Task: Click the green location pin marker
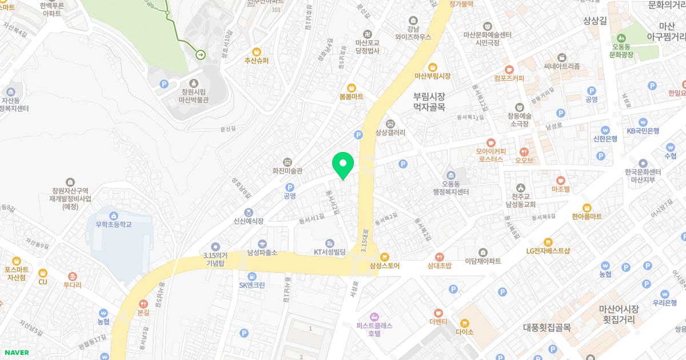tap(342, 165)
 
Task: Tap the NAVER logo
tap(15, 353)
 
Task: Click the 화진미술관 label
tap(287, 170)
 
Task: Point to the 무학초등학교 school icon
tap(114, 215)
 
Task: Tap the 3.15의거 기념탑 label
tap(215, 259)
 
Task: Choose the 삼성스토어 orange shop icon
tap(384, 257)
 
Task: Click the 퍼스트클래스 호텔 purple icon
tap(374, 316)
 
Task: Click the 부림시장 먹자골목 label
tap(429, 102)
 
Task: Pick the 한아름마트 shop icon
tap(587, 207)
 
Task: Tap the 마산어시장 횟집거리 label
tap(619, 314)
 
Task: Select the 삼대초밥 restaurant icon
tap(439, 257)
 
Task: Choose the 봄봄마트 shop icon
tap(351, 88)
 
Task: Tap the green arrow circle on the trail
tap(201, 54)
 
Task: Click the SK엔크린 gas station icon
tap(252, 276)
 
